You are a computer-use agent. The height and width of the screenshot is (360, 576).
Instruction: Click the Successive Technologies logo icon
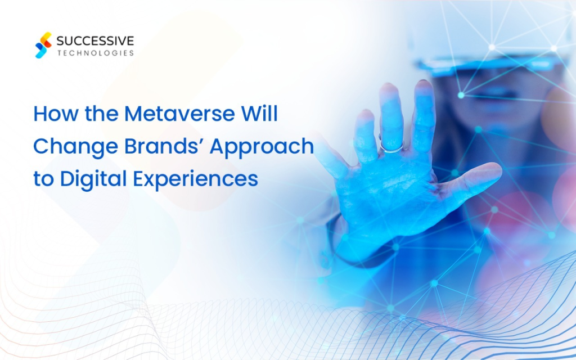click(43, 45)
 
